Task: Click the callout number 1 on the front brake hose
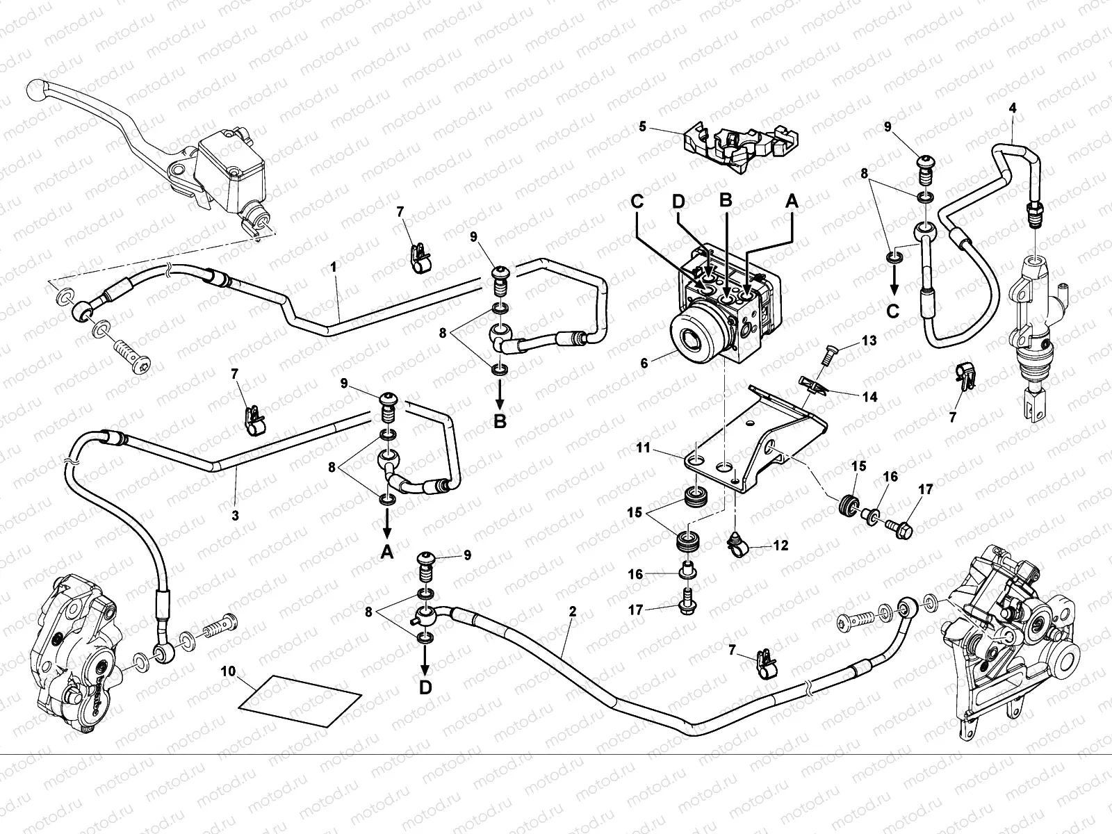point(334,266)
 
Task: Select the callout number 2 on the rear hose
point(572,612)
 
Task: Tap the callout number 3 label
point(235,516)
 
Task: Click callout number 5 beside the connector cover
point(642,126)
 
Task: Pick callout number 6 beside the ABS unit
point(644,363)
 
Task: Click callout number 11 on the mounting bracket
point(643,448)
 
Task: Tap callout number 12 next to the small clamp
point(780,546)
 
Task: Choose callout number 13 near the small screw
point(869,341)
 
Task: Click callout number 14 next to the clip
point(869,398)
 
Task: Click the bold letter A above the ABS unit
point(791,201)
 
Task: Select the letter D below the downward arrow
point(425,687)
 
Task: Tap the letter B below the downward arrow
point(500,421)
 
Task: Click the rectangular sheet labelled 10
point(300,701)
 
